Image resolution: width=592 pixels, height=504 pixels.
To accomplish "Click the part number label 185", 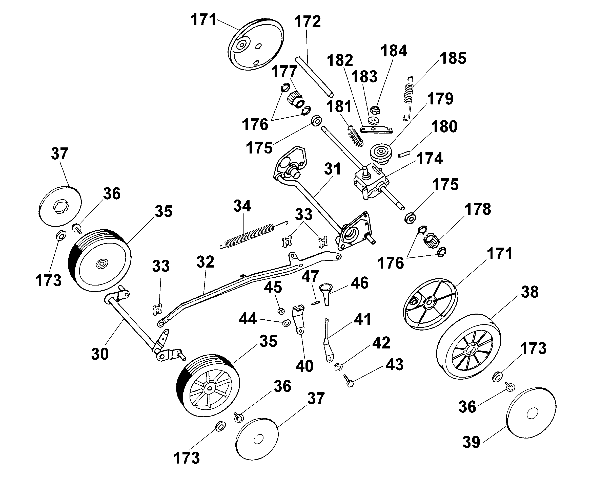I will click(453, 58).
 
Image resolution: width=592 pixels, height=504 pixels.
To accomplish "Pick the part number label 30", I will click(100, 354).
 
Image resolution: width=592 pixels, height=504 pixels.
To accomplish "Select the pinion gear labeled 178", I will click(432, 239).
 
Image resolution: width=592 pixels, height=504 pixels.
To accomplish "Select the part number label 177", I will click(284, 71).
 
